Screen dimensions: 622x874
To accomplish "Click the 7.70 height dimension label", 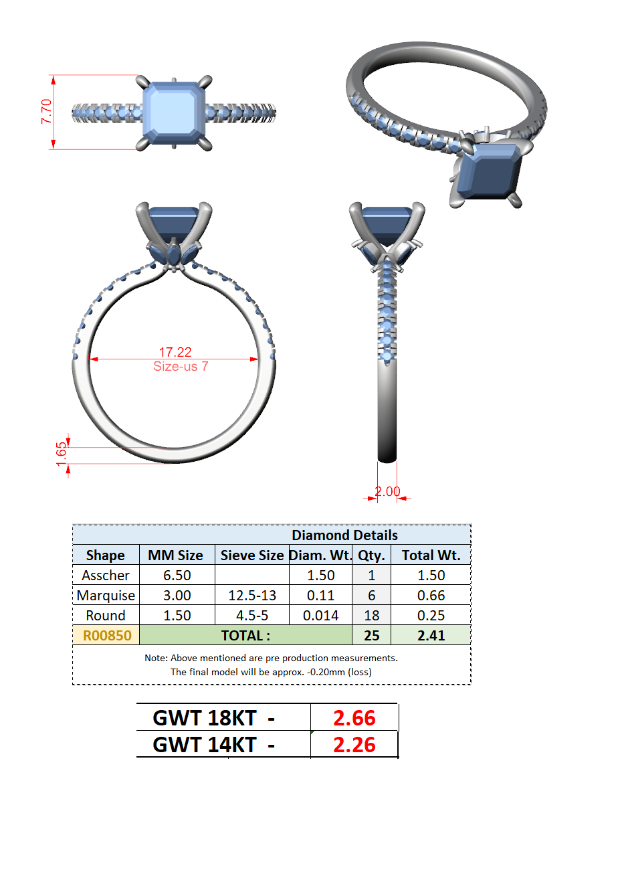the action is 46,112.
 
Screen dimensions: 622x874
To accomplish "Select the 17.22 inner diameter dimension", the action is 175,352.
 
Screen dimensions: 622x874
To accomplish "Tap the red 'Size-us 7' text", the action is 181,366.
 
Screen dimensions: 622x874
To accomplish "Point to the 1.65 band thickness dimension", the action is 62,454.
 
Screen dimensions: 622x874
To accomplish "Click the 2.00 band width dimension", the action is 387,491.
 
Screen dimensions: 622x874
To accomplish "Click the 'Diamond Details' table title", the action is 344,535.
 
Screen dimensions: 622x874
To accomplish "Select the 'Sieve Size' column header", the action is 252,555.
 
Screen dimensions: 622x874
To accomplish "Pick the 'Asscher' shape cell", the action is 106,576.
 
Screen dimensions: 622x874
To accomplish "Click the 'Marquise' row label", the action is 106,596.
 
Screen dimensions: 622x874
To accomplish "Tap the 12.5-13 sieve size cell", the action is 252,596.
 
